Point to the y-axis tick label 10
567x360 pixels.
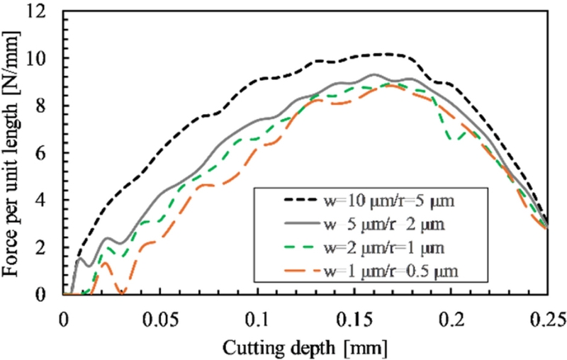44,59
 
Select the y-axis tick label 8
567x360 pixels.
49,106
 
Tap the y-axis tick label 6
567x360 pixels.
49,153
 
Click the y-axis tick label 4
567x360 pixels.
49,200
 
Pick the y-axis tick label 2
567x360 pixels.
49,247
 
